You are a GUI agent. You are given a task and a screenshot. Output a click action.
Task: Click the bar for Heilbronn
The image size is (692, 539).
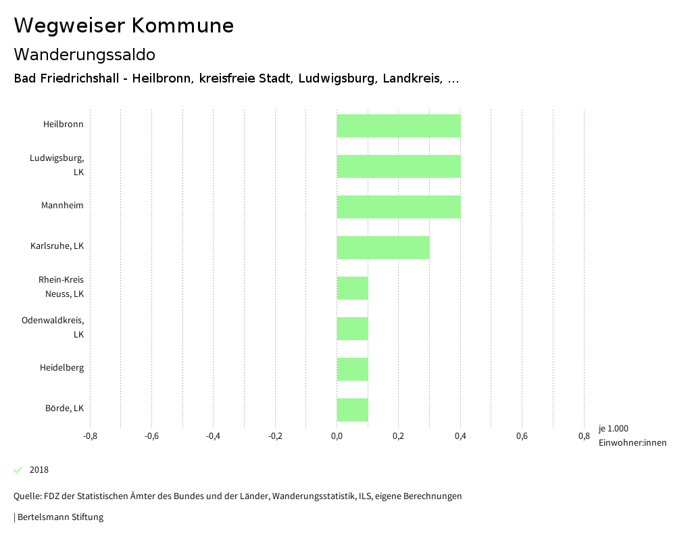[x=399, y=126]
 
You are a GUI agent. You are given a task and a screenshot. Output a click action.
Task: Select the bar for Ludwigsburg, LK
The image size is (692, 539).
[x=399, y=166]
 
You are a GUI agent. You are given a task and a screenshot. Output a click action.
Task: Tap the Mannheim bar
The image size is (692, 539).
[x=399, y=207]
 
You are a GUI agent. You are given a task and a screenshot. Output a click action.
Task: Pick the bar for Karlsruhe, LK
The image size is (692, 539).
[x=383, y=248]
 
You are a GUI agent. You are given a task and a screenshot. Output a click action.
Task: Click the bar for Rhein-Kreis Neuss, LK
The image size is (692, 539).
[x=353, y=288]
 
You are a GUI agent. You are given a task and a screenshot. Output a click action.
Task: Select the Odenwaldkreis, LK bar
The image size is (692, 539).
[x=353, y=329]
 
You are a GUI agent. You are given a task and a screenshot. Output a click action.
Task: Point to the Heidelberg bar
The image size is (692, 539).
[x=353, y=369]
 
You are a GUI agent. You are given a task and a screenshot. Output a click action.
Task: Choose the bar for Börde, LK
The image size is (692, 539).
[x=353, y=410]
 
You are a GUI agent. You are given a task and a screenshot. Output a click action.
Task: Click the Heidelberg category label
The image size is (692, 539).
[x=61, y=368]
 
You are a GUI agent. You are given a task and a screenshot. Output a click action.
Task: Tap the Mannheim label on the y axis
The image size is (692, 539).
[x=62, y=206]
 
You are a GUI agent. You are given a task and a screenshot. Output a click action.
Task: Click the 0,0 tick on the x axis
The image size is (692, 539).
[x=337, y=436]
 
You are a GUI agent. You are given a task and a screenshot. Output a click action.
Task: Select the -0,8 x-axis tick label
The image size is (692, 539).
[x=90, y=436]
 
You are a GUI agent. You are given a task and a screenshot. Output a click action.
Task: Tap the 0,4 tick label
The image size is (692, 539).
[x=460, y=436]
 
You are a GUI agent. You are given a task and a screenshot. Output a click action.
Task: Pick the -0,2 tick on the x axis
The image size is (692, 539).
[x=275, y=436]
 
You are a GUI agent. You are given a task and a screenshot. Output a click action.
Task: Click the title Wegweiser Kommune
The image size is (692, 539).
[x=124, y=26]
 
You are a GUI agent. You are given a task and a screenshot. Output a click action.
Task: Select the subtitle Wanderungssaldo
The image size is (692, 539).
[x=84, y=54]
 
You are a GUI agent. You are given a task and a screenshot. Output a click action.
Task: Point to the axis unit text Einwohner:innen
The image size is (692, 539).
[x=632, y=443]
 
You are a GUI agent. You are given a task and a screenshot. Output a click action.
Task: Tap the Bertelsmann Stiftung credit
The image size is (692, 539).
[x=59, y=517]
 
